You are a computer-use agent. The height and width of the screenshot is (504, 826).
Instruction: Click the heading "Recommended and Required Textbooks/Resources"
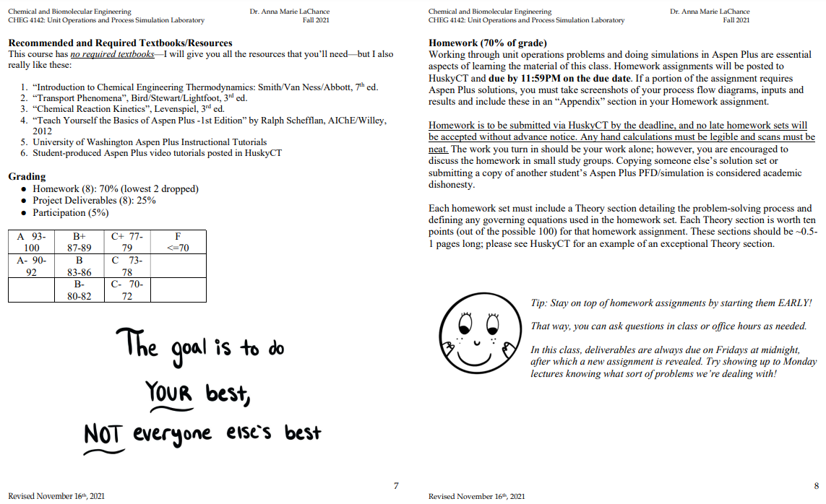tap(120, 43)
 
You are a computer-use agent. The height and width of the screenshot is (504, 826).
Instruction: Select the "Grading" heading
tap(27, 176)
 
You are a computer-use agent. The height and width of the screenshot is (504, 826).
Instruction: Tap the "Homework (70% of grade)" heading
tap(488, 43)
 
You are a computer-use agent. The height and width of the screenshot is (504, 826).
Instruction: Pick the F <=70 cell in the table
tap(178, 242)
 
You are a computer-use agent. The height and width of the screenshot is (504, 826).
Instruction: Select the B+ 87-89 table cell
tap(79, 242)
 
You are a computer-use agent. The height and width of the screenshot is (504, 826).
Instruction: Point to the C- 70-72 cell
tap(127, 290)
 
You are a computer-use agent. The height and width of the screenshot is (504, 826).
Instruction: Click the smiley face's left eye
tap(466, 318)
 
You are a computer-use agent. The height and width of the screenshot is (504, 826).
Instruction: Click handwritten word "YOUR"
tap(169, 394)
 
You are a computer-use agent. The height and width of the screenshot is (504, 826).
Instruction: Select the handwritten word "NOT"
tap(102, 434)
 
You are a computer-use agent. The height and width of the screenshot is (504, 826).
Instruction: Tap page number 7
tap(396, 486)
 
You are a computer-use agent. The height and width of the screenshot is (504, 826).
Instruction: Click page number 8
tap(817, 486)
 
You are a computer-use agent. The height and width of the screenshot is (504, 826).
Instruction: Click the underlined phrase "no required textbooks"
tap(112, 54)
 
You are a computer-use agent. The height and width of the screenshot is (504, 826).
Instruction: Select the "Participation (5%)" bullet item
tap(70, 213)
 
